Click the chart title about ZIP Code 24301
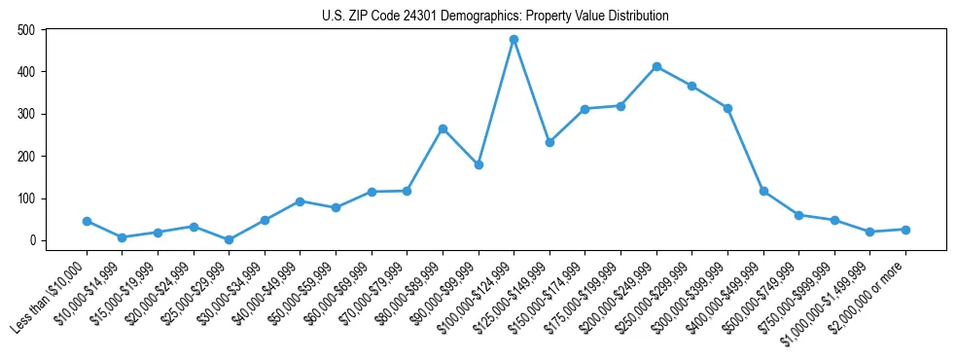pyautogui.click(x=495, y=17)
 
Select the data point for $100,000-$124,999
pyautogui.click(x=513, y=40)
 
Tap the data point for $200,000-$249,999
pyautogui.click(x=656, y=66)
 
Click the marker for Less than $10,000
pyautogui.click(x=87, y=221)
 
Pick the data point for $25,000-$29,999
pyautogui.click(x=229, y=239)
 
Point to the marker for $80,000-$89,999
pyautogui.click(x=443, y=128)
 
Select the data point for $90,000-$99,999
pyautogui.click(x=478, y=164)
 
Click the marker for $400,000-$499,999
pyautogui.click(x=763, y=191)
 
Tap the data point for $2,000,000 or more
pyautogui.click(x=905, y=230)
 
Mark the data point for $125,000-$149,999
pyautogui.click(x=549, y=142)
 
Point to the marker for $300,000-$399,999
pyautogui.click(x=727, y=108)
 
